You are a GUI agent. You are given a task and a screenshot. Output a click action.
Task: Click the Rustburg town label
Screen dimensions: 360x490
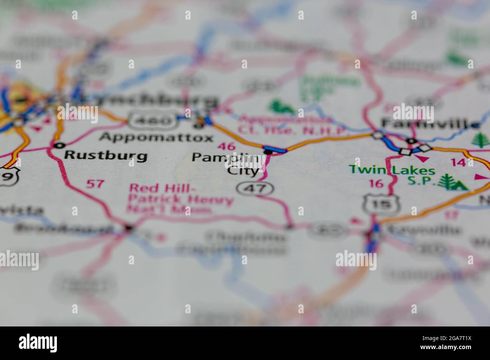[105, 155]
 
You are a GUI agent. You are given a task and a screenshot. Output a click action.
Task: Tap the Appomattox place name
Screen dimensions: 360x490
[156, 137]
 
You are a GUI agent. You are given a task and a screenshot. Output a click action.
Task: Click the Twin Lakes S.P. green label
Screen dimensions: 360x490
[392, 175]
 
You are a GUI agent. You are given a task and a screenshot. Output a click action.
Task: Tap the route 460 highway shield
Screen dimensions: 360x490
[153, 121]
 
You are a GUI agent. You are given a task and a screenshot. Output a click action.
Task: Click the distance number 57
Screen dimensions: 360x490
[95, 184]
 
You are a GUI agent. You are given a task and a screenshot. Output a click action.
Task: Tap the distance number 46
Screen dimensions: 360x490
[226, 147]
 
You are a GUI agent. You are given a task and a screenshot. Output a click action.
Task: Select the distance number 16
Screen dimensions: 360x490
[376, 184]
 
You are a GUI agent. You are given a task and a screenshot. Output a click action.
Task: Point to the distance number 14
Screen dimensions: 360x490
[458, 163]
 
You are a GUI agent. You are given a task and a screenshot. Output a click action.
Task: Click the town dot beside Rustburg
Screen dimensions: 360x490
[58, 145]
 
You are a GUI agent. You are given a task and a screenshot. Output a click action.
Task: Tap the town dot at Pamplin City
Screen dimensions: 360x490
[268, 152]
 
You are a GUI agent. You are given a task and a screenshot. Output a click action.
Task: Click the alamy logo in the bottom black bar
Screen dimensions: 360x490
[38, 343]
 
